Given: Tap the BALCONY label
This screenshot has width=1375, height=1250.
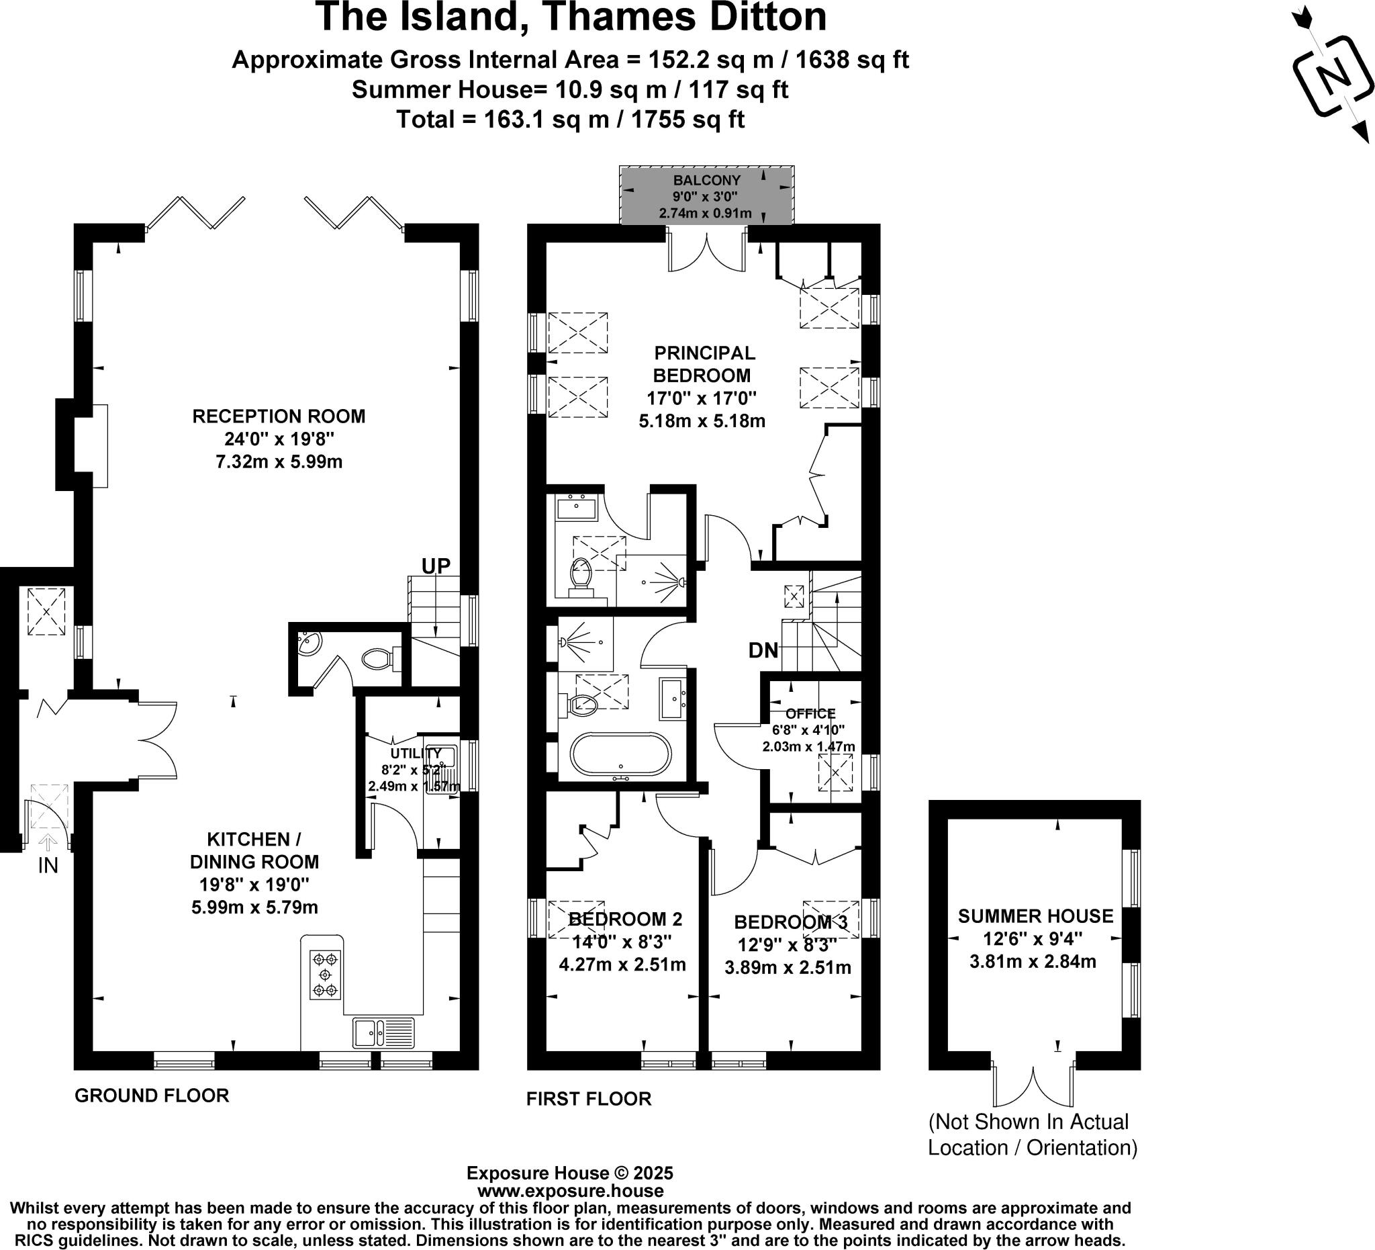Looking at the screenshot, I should pyautogui.click(x=706, y=181).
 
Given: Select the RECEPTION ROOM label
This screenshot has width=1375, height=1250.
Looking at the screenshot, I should pyautogui.click(x=278, y=416).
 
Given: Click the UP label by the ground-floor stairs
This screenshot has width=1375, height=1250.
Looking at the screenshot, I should pyautogui.click(x=436, y=566).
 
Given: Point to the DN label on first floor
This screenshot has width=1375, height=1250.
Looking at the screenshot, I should pyautogui.click(x=763, y=650).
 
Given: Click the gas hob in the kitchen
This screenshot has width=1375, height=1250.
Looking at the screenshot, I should pyautogui.click(x=325, y=975).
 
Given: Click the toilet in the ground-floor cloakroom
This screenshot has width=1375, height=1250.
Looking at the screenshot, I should pyautogui.click(x=378, y=658).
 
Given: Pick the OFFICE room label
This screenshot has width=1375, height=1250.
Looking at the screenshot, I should pyautogui.click(x=810, y=714).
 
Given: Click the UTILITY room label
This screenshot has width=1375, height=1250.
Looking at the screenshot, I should pyautogui.click(x=416, y=753).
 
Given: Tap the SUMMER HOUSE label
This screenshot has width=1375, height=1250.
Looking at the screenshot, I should pyautogui.click(x=1035, y=916).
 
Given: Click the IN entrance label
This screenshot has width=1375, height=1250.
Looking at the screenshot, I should pyautogui.click(x=48, y=865).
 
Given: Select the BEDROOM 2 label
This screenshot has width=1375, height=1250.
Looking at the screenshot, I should pyautogui.click(x=625, y=919).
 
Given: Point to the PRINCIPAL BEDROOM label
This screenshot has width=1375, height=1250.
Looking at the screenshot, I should pyautogui.click(x=704, y=363).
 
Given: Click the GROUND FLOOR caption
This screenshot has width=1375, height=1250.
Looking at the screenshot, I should pyautogui.click(x=152, y=1095).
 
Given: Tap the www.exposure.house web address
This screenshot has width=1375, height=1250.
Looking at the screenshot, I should pyautogui.click(x=570, y=1191).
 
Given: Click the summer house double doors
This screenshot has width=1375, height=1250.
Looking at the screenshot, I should pyautogui.click(x=1033, y=1085).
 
